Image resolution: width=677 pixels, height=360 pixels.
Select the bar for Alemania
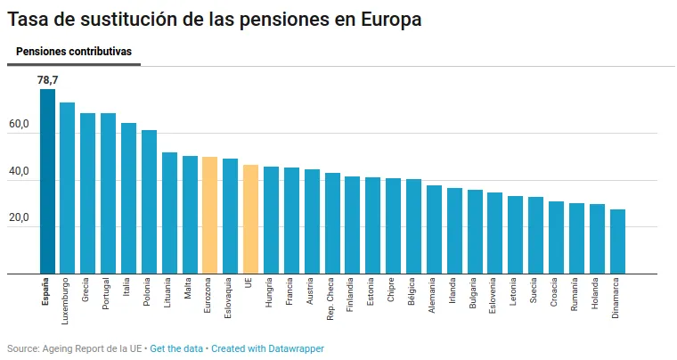[434, 229]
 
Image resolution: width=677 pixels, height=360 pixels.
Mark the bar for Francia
[291, 220]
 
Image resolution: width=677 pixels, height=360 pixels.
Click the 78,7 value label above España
[47, 80]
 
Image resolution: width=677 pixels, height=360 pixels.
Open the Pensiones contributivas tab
[74, 52]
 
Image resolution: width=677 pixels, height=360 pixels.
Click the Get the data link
[176, 348]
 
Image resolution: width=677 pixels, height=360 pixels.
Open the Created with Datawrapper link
[267, 348]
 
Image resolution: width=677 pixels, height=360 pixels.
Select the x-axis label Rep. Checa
[332, 298]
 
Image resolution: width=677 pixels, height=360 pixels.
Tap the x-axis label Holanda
[597, 295]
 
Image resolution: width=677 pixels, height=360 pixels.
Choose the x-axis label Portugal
[109, 295]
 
